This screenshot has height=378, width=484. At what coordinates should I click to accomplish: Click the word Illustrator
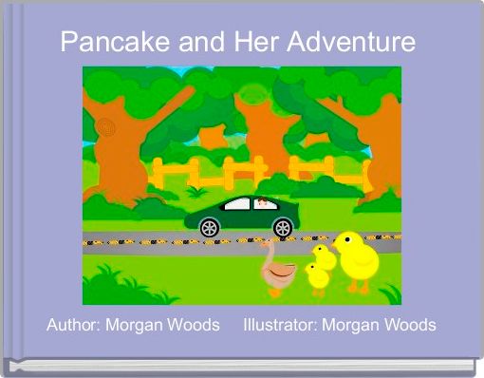point(279,325)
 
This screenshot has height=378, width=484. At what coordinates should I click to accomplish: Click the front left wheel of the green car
point(210,227)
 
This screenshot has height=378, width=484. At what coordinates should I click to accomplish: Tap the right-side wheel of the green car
point(283,227)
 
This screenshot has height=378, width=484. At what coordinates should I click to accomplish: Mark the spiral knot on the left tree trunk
point(105,126)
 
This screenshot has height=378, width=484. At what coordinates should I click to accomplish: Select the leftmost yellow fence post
point(155,174)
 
